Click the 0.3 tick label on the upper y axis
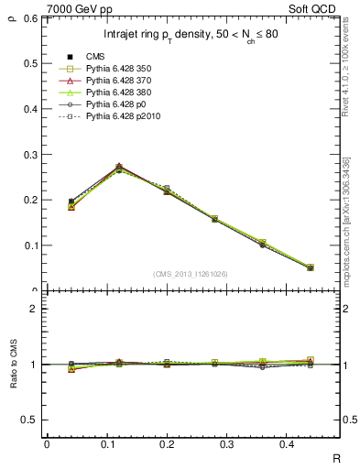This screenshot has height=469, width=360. click(32, 154)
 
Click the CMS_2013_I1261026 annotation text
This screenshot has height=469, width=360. click(191, 274)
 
